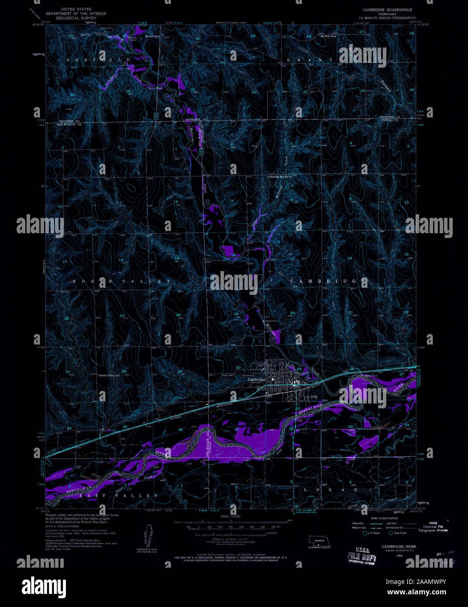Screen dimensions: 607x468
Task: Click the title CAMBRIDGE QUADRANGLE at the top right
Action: click(x=387, y=9)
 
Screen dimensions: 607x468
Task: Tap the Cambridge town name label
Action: click(x=256, y=379)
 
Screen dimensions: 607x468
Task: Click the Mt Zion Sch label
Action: click(x=328, y=35)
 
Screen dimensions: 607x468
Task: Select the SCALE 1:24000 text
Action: click(x=234, y=516)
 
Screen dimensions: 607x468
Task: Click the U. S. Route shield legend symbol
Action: click(x=365, y=533)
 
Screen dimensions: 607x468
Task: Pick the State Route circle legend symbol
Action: click(x=391, y=533)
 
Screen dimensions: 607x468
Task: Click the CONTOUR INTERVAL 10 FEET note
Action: click(x=234, y=540)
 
